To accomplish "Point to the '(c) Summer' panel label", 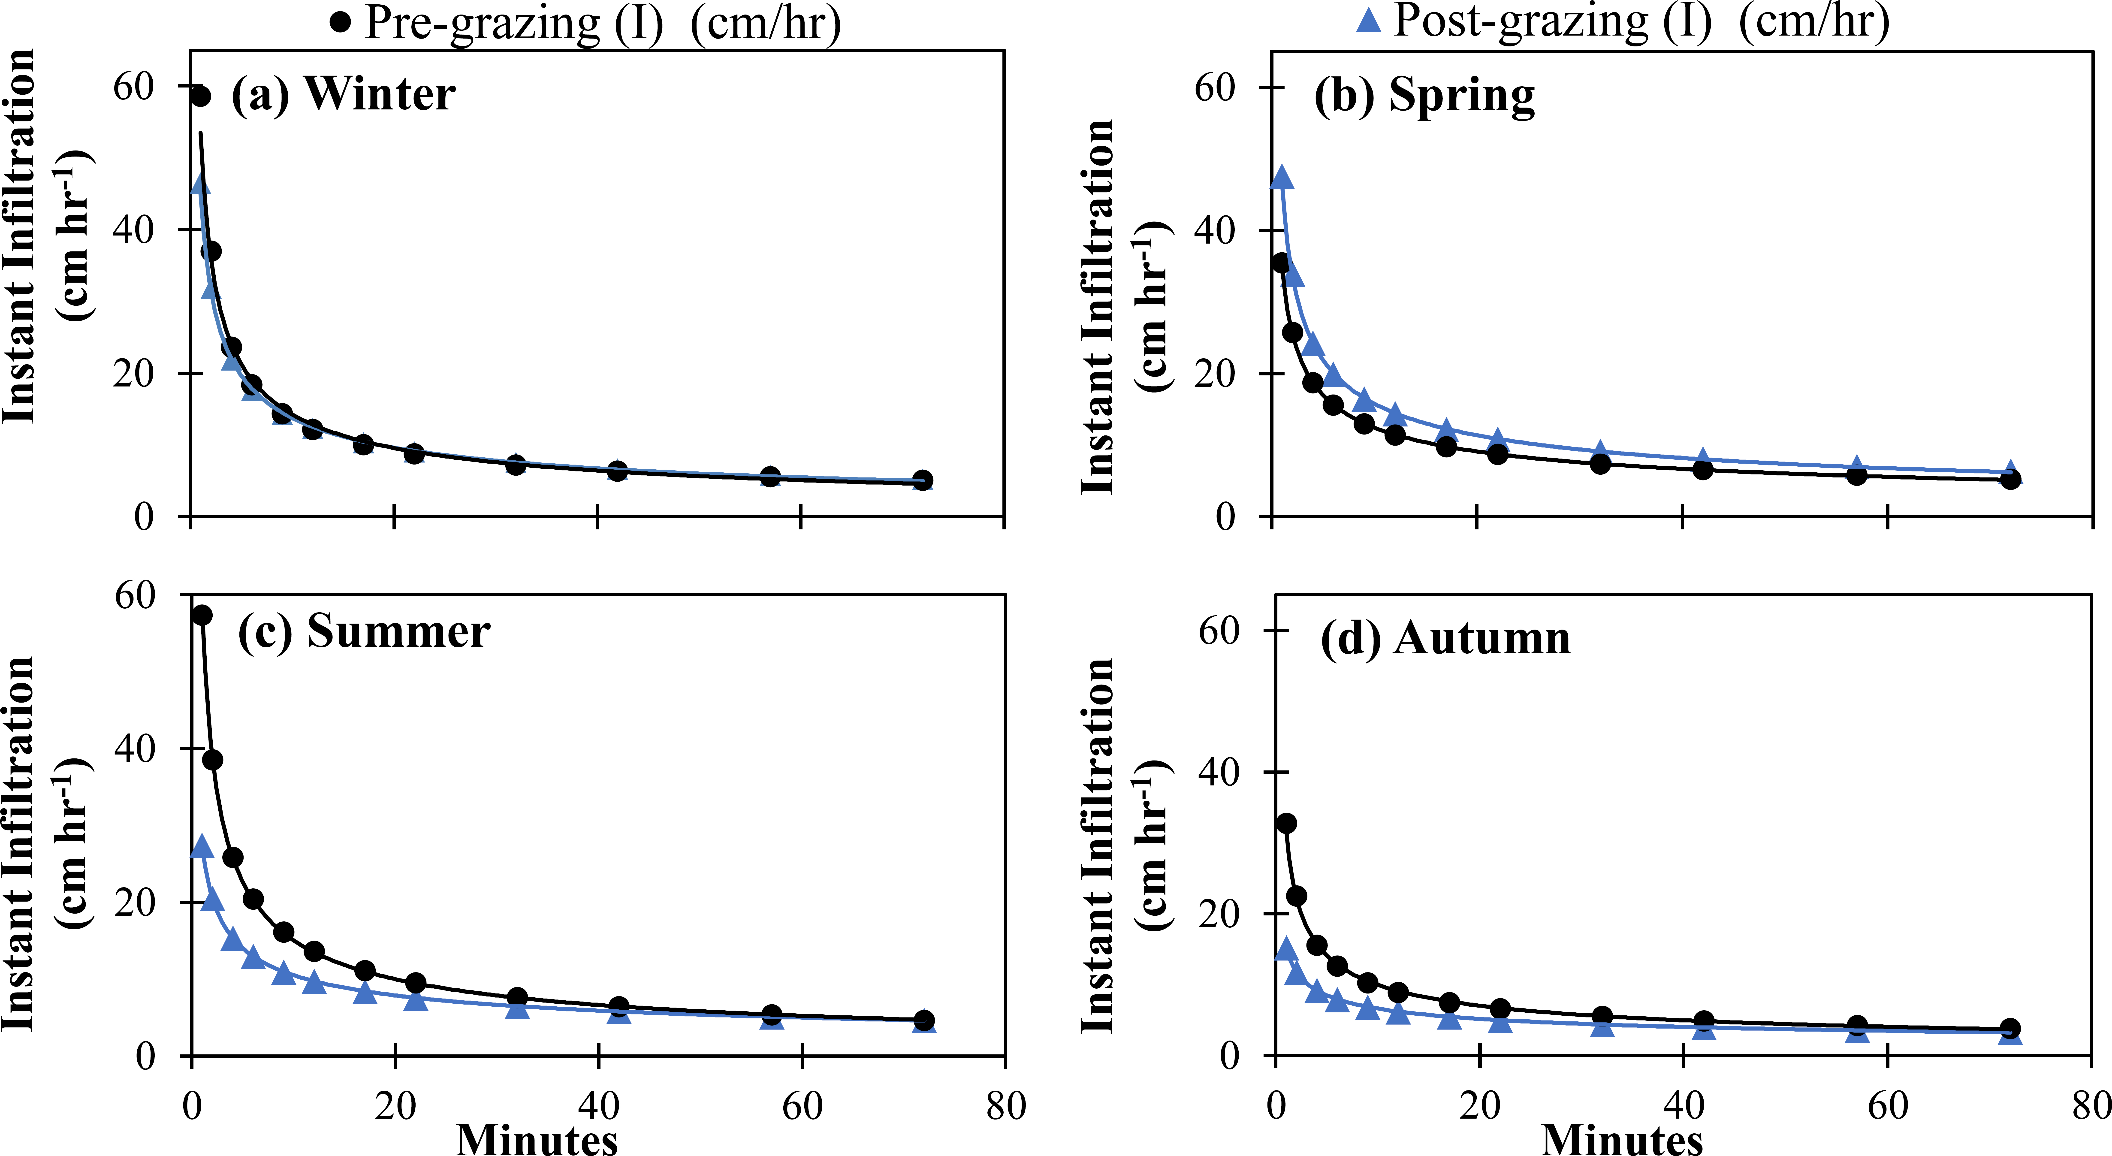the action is [364, 632].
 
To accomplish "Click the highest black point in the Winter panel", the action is [200, 97].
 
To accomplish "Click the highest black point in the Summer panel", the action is [202, 615].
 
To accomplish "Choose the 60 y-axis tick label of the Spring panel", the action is [1215, 87].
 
